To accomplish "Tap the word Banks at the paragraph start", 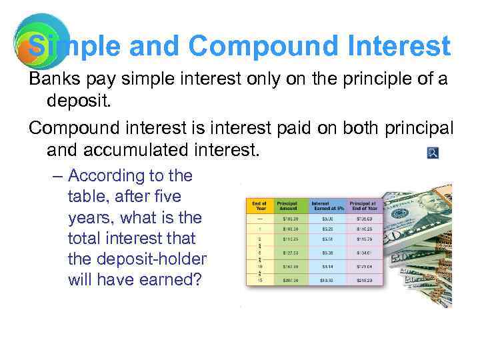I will pos(51,79).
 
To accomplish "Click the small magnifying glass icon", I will pos(433,153).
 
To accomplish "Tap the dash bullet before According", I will pos(57,176).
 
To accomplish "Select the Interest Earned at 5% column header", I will pos(327,205).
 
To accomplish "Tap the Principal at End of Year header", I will pos(364,205).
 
